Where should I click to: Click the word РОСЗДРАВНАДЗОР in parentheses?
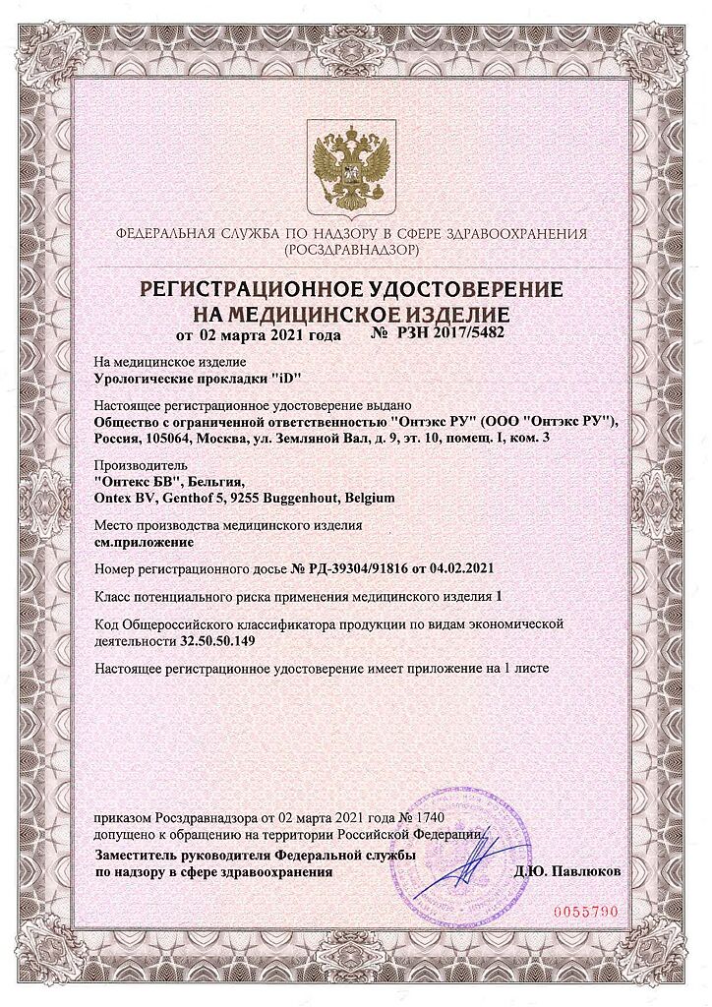(x=351, y=251)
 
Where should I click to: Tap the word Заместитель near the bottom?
(x=133, y=856)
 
